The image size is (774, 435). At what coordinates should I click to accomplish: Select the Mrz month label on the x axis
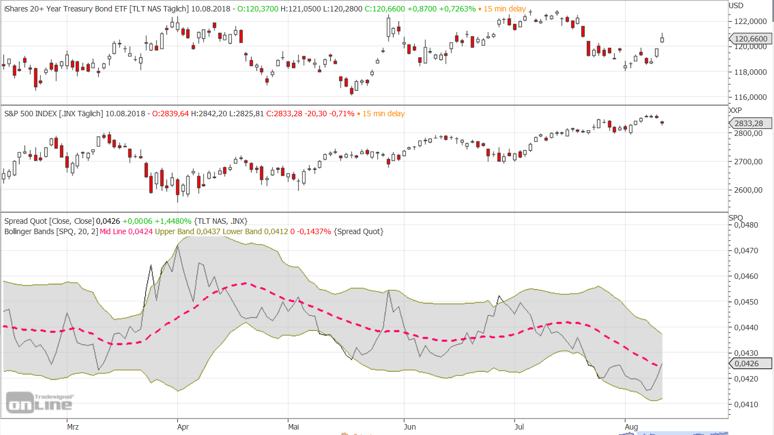73,426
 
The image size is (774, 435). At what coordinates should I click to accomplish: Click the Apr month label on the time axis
183,426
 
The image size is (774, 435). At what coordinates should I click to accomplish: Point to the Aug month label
631,426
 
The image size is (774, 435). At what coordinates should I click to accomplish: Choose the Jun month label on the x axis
410,426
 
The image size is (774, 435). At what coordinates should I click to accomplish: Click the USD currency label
736,6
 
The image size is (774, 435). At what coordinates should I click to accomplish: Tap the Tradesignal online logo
39,402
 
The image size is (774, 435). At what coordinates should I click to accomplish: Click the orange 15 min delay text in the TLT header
504,9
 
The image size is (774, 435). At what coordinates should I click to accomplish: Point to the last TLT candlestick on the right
663,39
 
